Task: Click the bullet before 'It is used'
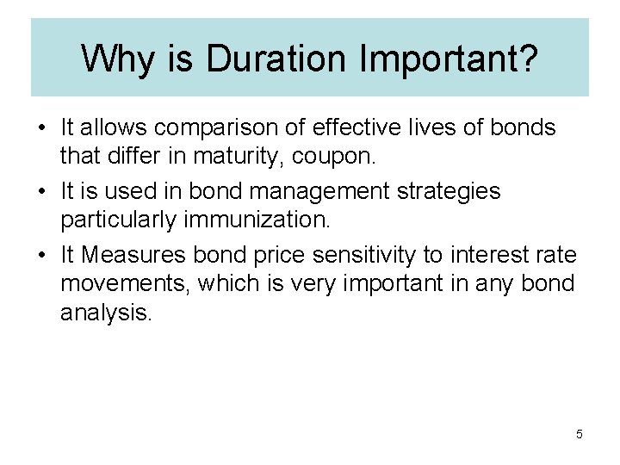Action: click(x=41, y=191)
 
